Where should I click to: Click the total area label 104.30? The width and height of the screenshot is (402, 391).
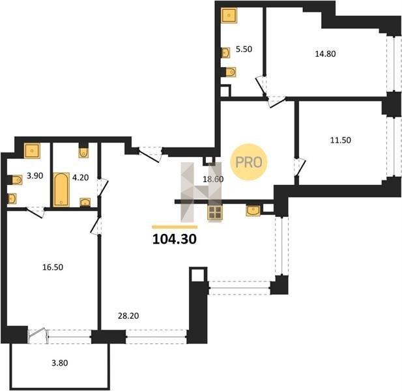(x=175, y=239)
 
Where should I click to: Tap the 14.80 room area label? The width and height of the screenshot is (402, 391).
(x=325, y=54)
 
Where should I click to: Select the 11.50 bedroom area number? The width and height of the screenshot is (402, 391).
(x=341, y=140)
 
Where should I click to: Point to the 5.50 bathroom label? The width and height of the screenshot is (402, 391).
(x=244, y=49)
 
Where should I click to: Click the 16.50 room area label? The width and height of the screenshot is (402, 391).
(x=53, y=267)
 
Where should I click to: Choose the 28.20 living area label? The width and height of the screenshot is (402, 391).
(x=128, y=316)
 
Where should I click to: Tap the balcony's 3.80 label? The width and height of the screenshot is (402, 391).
(x=60, y=363)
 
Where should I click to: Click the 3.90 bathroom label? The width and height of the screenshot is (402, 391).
(x=35, y=176)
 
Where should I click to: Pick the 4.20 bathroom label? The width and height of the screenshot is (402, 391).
(x=81, y=177)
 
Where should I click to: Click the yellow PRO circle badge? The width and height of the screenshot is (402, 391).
(x=249, y=162)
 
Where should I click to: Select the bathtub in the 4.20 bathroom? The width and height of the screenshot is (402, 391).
(x=61, y=190)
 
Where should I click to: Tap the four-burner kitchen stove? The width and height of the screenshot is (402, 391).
(x=215, y=212)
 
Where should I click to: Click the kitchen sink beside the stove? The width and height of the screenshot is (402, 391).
(x=253, y=210)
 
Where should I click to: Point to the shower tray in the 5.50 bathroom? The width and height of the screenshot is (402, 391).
(x=229, y=15)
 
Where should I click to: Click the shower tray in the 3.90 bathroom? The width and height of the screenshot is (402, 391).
(x=32, y=151)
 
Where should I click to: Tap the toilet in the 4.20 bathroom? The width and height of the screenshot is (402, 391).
(x=83, y=152)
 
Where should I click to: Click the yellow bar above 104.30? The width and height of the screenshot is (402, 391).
(x=175, y=227)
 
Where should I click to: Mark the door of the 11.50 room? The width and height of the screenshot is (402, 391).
(x=300, y=167)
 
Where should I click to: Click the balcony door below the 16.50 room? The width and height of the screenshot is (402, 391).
(x=38, y=336)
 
